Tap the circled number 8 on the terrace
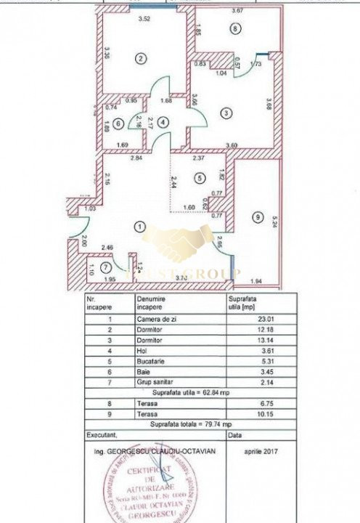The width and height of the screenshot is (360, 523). pyautogui.click(x=233, y=28)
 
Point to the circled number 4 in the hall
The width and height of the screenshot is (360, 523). pyautogui.click(x=164, y=123)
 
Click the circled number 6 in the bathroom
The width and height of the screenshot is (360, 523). pyautogui.click(x=118, y=123)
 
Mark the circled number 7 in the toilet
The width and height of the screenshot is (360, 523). pyautogui.click(x=107, y=268)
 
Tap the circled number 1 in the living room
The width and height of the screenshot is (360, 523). pyautogui.click(x=139, y=226)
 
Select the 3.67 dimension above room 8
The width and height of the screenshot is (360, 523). pyautogui.click(x=237, y=10)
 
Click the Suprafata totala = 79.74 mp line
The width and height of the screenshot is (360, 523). pyautogui.click(x=191, y=423)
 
